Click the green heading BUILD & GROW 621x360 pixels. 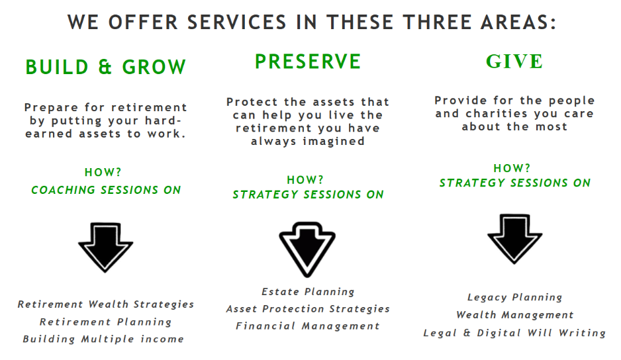point(105,67)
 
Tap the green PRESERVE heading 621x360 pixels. point(308,62)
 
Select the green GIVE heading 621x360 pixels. point(514,62)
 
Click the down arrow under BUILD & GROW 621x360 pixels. point(105,247)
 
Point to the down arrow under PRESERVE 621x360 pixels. point(307,249)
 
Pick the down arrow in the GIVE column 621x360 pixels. point(514,239)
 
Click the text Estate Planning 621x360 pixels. point(308,292)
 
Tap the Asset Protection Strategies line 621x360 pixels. point(308,309)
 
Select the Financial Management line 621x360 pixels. point(308,326)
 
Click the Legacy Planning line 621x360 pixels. point(514,297)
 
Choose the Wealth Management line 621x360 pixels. point(514,315)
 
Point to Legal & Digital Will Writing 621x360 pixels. point(514,333)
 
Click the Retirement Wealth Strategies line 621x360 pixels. point(106,304)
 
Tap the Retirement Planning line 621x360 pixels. point(105,322)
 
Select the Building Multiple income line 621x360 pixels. point(103,339)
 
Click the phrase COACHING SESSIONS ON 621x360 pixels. point(106,190)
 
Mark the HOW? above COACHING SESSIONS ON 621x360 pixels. point(103,172)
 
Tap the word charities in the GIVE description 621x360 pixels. point(497,114)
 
